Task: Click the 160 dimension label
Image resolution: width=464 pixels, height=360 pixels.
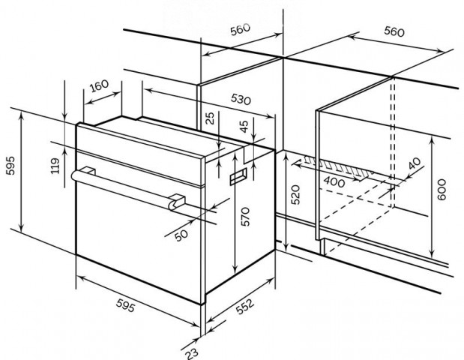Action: (x=99, y=85)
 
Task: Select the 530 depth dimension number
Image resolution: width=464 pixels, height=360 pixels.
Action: (x=241, y=99)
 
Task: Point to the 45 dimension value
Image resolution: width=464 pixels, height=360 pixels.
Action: (x=244, y=127)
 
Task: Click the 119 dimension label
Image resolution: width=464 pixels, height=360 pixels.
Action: (x=55, y=166)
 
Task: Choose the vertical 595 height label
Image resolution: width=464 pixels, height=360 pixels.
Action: (x=10, y=166)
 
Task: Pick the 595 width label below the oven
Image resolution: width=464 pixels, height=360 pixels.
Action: (x=125, y=305)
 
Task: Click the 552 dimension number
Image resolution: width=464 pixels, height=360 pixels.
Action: (x=245, y=307)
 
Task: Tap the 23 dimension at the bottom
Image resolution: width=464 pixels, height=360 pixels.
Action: (x=192, y=353)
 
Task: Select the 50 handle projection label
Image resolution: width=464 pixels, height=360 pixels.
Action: (x=181, y=235)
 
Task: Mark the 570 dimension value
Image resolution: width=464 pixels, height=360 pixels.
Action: (x=245, y=217)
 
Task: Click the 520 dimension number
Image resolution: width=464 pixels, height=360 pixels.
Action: (x=295, y=194)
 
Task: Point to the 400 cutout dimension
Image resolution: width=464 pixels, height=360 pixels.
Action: (x=334, y=181)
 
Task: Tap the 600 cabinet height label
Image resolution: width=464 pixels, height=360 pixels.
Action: (x=441, y=190)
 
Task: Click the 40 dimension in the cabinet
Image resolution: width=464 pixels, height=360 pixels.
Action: (x=415, y=163)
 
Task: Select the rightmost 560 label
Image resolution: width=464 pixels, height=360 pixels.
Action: (x=394, y=31)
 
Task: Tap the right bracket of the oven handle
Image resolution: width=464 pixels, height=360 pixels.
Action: (x=177, y=202)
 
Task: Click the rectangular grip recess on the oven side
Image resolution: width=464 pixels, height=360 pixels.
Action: (x=238, y=176)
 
